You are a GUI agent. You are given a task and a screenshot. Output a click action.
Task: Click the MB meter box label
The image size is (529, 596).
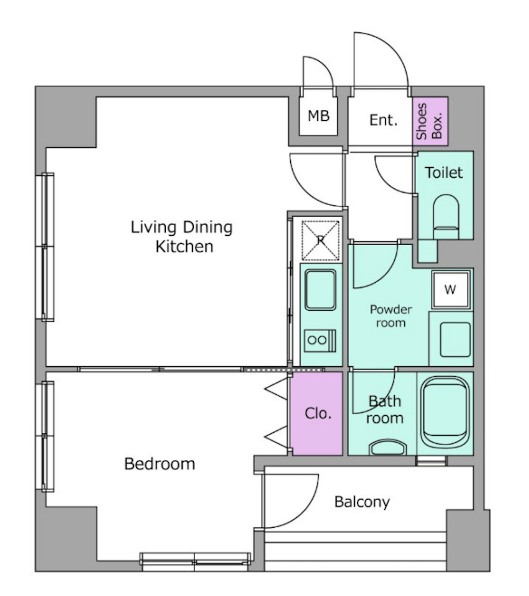pyautogui.click(x=318, y=116)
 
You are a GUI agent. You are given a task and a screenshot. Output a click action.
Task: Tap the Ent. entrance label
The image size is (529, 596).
pyautogui.click(x=383, y=120)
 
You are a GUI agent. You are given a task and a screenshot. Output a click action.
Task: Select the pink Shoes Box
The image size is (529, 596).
pyautogui.click(x=430, y=121)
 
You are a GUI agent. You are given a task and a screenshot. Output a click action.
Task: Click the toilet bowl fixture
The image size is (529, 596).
pyautogui.click(x=446, y=216)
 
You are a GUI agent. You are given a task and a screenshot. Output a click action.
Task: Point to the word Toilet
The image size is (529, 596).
pyautogui.click(x=444, y=173)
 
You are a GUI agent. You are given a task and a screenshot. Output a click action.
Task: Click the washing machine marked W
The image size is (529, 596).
pyautogui.click(x=450, y=290)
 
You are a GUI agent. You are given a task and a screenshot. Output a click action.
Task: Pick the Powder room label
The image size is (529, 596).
pyautogui.click(x=390, y=316)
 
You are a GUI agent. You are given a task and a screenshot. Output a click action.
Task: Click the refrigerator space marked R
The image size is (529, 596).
pyautogui.click(x=321, y=240)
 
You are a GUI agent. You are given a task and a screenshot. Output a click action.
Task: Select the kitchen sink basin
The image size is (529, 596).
pyautogui.click(x=320, y=290)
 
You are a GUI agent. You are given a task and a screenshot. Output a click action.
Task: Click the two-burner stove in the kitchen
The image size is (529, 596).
pyautogui.click(x=320, y=341)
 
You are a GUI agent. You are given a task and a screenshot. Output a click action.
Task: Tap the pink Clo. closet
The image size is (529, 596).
pyautogui.click(x=317, y=414)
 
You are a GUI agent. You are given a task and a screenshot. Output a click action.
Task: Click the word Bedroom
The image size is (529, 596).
pyautogui.click(x=160, y=464)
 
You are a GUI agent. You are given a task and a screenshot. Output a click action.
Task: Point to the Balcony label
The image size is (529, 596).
pyautogui.click(x=362, y=502)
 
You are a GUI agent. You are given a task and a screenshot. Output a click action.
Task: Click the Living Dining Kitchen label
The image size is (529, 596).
pyautogui.click(x=182, y=237)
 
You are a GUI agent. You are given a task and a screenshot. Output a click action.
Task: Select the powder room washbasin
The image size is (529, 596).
pyautogui.click(x=455, y=340)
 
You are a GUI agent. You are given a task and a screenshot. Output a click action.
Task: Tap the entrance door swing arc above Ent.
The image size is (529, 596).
pyautogui.click(x=391, y=50)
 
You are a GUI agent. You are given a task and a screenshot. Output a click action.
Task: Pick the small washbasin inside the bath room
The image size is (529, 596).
pyautogui.click(x=388, y=448)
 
